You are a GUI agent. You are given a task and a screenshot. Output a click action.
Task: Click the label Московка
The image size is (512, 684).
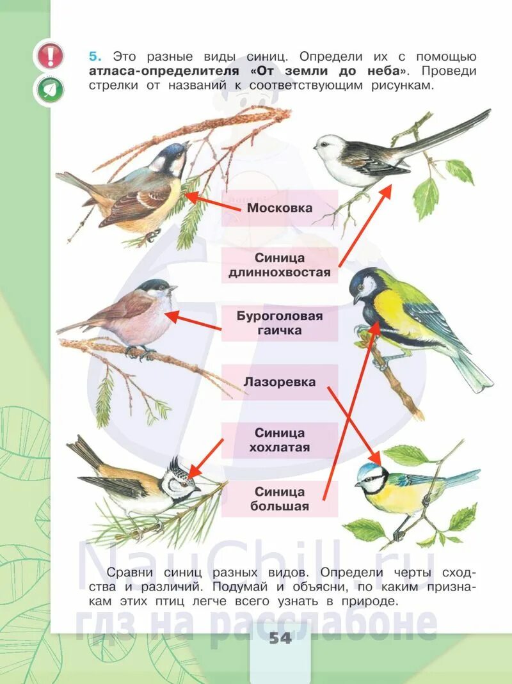click(x=280, y=208)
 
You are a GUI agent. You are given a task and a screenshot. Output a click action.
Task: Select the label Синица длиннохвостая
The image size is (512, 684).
click(x=280, y=265)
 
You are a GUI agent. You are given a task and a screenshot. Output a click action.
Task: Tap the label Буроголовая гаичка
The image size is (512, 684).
click(x=280, y=323)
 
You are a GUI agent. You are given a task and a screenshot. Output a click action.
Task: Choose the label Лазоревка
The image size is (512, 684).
click(x=280, y=382)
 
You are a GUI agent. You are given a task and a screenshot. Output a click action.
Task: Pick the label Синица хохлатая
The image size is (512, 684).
click(x=280, y=440)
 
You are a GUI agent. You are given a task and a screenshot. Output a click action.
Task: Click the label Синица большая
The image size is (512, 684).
click(x=280, y=499)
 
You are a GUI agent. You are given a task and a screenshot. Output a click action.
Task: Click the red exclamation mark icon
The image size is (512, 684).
click(x=50, y=56)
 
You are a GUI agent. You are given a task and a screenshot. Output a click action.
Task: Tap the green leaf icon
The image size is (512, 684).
click(x=50, y=90)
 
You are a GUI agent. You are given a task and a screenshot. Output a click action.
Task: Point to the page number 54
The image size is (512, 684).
click(x=280, y=637)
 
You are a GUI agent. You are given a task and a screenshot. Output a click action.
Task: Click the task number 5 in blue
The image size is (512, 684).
click(x=93, y=56)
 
